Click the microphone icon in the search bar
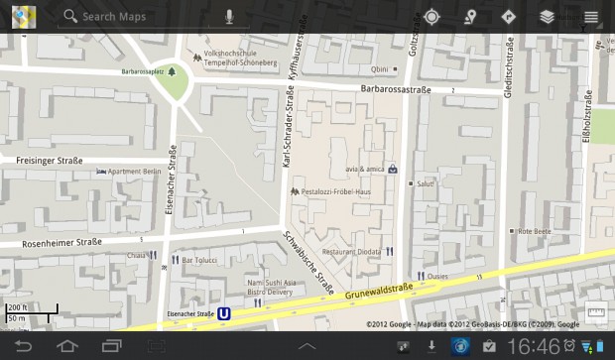coord(230,17)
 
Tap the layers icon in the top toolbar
coord(548,17)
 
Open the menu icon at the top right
coord(591,17)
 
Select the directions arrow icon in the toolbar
coord(509,17)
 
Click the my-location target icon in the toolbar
coord(431,17)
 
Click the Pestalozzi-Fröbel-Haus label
coord(335,190)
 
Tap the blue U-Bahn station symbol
coord(225,314)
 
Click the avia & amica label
coord(365,168)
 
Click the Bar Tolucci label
coord(199,260)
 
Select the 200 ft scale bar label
coord(18,307)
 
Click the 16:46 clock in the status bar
coord(534,346)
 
